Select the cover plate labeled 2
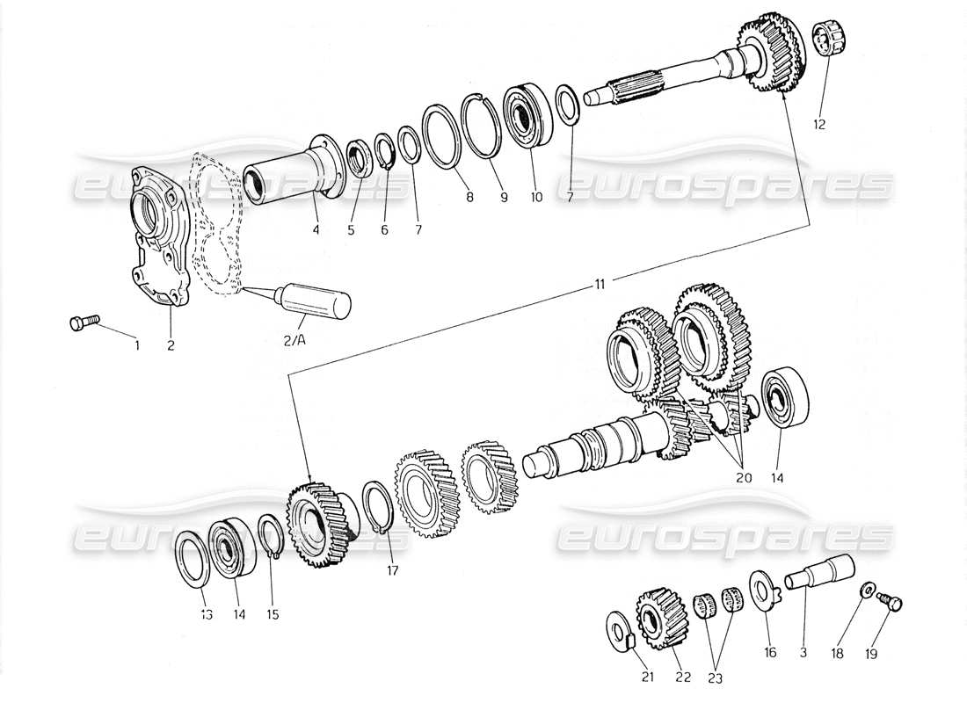coord(157,237)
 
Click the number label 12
coord(818,125)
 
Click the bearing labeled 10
coord(527,115)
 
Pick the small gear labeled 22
coord(653,616)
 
